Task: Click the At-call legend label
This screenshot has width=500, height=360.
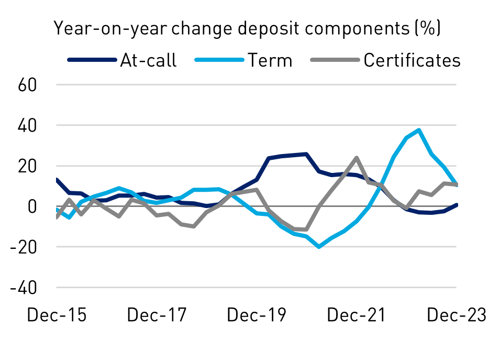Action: pyautogui.click(x=148, y=60)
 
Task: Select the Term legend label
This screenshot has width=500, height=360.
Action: pyautogui.click(x=270, y=60)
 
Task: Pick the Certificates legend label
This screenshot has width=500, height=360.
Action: pyautogui.click(x=412, y=60)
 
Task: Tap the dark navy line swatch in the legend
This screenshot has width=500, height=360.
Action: pyautogui.click(x=92, y=60)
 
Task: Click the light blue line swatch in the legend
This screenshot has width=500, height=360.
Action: pyautogui.click(x=219, y=60)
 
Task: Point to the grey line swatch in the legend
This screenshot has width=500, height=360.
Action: pyautogui.click(x=335, y=60)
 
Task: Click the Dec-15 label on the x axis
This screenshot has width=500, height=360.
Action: pyautogui.click(x=56, y=315)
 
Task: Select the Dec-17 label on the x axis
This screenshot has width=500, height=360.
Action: pyautogui.click(x=157, y=315)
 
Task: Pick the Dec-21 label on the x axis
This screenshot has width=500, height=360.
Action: pyautogui.click(x=357, y=315)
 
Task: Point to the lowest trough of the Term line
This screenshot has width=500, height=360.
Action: pyautogui.click(x=319, y=246)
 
